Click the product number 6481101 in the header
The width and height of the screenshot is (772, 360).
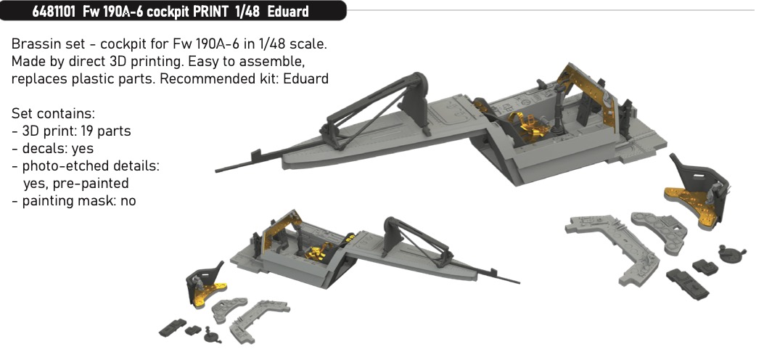coord(54,12)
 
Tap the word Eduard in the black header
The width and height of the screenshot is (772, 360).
coord(288,12)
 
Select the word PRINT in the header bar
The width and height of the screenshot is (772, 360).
coord(210,12)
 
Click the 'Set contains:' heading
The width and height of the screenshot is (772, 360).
coord(53,113)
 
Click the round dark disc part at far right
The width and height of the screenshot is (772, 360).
coord(731,253)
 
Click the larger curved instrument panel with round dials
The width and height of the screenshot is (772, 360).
coord(660,232)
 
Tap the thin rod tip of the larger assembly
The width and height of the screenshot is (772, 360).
coord(217,171)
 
